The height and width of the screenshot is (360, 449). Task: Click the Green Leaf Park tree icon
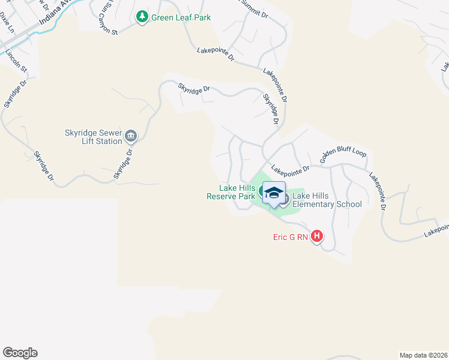pyautogui.click(x=142, y=17)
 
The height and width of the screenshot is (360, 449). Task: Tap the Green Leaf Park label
pyautogui.click(x=181, y=17)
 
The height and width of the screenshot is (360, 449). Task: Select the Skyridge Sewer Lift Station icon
pyautogui.click(x=131, y=137)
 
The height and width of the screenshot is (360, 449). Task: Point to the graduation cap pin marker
pyautogui.click(x=274, y=193)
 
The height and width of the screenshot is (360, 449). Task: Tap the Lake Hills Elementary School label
pyautogui.click(x=327, y=200)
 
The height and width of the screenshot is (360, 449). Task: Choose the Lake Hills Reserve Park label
pyautogui.click(x=231, y=192)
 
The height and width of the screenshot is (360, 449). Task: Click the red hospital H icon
pyautogui.click(x=317, y=236)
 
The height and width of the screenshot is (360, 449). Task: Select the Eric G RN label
pyautogui.click(x=291, y=237)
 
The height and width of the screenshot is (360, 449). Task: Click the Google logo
pyautogui.click(x=20, y=353)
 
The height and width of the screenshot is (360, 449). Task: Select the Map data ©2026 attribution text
pyautogui.click(x=423, y=355)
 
